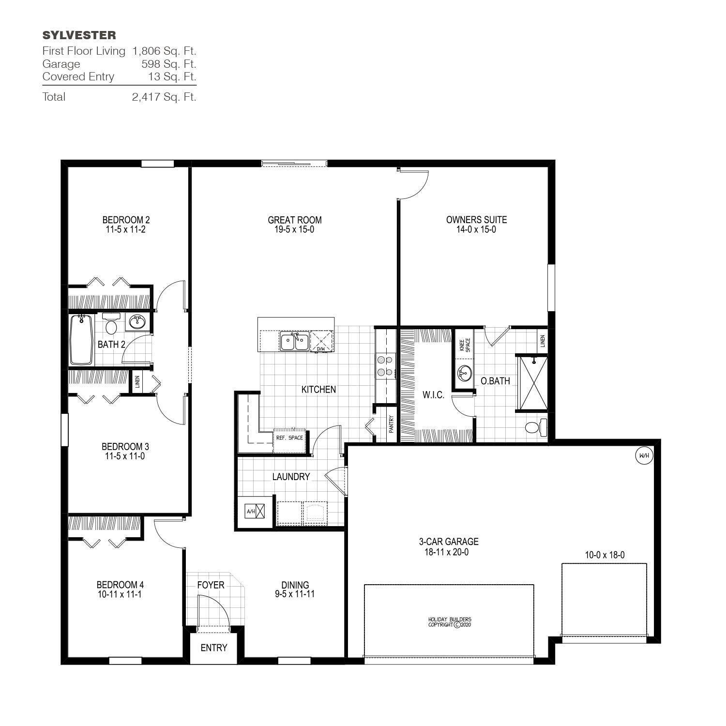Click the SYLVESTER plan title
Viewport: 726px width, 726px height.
[x=79, y=35]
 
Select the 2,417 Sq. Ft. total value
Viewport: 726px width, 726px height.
[x=164, y=97]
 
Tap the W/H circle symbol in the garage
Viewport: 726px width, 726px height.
[x=644, y=455]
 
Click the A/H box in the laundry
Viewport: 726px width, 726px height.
[x=255, y=511]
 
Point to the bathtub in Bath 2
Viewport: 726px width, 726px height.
[x=81, y=339]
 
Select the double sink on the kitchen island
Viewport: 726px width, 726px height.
[x=294, y=341]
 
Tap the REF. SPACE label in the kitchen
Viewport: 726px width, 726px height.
[x=289, y=438]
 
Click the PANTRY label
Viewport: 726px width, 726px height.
[x=391, y=424]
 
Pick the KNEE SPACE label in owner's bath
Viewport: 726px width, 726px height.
[x=464, y=344]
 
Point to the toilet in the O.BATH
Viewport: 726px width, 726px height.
[x=535, y=427]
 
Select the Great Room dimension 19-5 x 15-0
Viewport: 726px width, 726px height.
[x=294, y=230]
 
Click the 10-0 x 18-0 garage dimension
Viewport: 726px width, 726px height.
[x=605, y=555]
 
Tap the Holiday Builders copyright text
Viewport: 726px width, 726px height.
[x=449, y=622]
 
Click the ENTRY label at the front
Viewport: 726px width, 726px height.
[x=213, y=648]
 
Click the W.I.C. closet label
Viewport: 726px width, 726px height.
[x=433, y=395]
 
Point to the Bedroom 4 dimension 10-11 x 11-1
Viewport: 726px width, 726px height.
[x=120, y=594]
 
